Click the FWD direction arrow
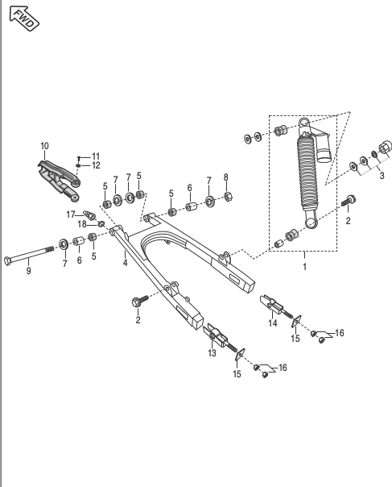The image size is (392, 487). click(x=24, y=18)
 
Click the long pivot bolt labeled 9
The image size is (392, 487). click(x=28, y=254)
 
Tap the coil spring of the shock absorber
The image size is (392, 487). click(x=307, y=173)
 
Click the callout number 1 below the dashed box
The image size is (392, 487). click(x=304, y=267)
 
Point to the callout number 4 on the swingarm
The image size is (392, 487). click(x=125, y=263)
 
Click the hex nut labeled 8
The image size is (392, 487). click(x=227, y=196)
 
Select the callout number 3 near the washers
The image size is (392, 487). click(x=382, y=176)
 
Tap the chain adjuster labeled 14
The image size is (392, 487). click(x=276, y=306)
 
